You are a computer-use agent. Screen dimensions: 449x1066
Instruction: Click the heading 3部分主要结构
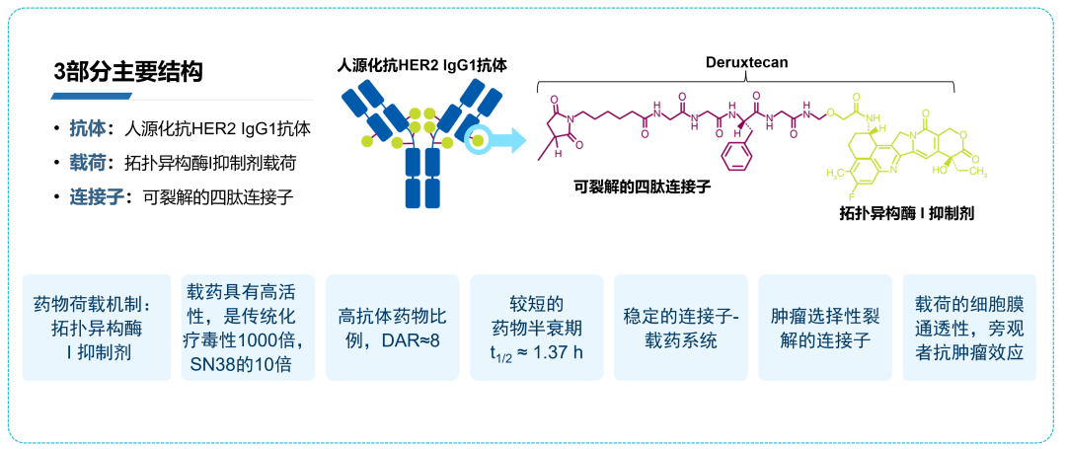128,72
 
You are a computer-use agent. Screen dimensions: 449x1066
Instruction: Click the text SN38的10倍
247,364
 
